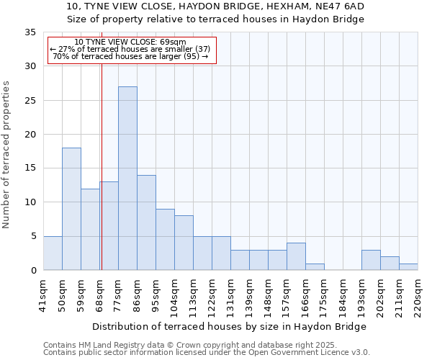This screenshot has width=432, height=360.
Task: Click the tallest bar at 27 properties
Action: (x=127, y=178)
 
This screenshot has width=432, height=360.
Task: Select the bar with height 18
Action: (x=71, y=209)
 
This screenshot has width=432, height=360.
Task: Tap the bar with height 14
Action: (x=146, y=222)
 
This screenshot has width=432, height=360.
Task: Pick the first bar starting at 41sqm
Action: (x=53, y=253)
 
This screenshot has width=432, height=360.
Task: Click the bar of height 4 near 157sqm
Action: (x=296, y=256)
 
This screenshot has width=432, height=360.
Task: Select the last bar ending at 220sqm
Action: (x=408, y=266)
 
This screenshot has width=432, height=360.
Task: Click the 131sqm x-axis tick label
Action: (x=230, y=296)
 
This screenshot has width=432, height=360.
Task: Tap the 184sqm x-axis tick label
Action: (x=343, y=296)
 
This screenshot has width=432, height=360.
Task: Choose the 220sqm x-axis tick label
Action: (x=418, y=296)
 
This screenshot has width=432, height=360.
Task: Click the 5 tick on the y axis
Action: (x=33, y=236)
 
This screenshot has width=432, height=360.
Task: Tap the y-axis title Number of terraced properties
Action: (x=6, y=155)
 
